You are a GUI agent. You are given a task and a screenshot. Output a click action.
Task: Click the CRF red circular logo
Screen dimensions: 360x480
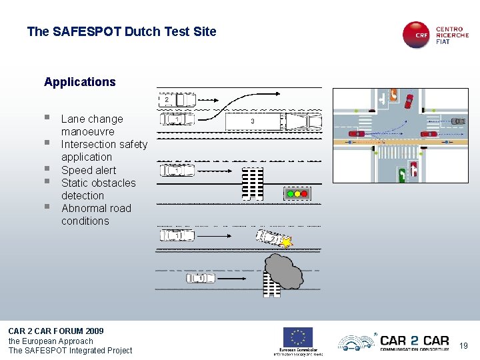click(417, 35)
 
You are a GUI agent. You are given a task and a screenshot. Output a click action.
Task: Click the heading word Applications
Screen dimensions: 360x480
click(79, 82)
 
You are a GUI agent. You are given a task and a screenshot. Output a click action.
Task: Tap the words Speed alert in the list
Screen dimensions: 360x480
click(89, 170)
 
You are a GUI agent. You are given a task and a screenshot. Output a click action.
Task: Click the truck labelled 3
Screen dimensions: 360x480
click(273, 121)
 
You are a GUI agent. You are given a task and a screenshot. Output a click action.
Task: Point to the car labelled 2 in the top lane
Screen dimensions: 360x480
click(177, 100)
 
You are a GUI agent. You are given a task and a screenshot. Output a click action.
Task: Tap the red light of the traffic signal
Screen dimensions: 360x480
click(304, 194)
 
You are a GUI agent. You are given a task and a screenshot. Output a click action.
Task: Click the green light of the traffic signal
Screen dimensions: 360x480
click(289, 194)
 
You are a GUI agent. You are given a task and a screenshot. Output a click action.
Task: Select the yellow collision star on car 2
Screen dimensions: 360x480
click(287, 243)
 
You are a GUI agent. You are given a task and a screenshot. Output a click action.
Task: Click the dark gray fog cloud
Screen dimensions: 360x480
click(283, 270)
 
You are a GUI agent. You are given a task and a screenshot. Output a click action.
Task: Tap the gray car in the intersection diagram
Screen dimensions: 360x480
click(458, 121)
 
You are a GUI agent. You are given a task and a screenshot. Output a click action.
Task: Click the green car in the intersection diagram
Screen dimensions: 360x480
click(402, 175)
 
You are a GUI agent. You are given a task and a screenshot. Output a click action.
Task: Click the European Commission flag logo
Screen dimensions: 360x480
click(298, 337)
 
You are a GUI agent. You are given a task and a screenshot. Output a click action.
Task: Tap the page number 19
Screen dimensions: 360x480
click(464, 345)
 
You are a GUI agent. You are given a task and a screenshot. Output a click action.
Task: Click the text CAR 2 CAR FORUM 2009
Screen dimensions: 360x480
click(56, 331)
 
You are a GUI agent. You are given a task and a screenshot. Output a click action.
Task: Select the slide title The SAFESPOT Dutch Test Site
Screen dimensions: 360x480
click(121, 31)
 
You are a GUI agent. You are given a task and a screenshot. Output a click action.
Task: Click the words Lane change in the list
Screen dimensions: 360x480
click(92, 119)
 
